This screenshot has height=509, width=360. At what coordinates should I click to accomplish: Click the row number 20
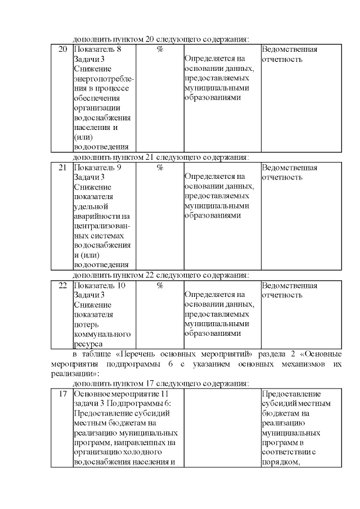pos(63,49)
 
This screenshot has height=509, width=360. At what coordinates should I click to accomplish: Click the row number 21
pos(63,168)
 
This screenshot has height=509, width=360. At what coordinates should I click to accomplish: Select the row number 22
pos(63,286)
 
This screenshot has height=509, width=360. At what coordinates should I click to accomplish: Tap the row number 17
pos(63,394)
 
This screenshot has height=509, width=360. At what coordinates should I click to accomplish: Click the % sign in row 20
pos(160,49)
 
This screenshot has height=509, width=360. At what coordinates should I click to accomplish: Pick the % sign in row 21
pos(160,168)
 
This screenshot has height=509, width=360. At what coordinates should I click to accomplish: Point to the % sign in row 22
pos(160,286)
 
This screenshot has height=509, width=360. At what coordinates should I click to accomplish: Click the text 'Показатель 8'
pos(97,49)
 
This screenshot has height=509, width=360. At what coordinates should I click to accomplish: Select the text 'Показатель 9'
pos(97,168)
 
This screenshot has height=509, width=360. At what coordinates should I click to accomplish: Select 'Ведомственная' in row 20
pos(290,49)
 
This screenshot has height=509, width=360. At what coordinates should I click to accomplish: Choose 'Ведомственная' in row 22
pos(290,286)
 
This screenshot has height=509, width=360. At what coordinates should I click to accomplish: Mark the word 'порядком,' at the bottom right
pos(280,462)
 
